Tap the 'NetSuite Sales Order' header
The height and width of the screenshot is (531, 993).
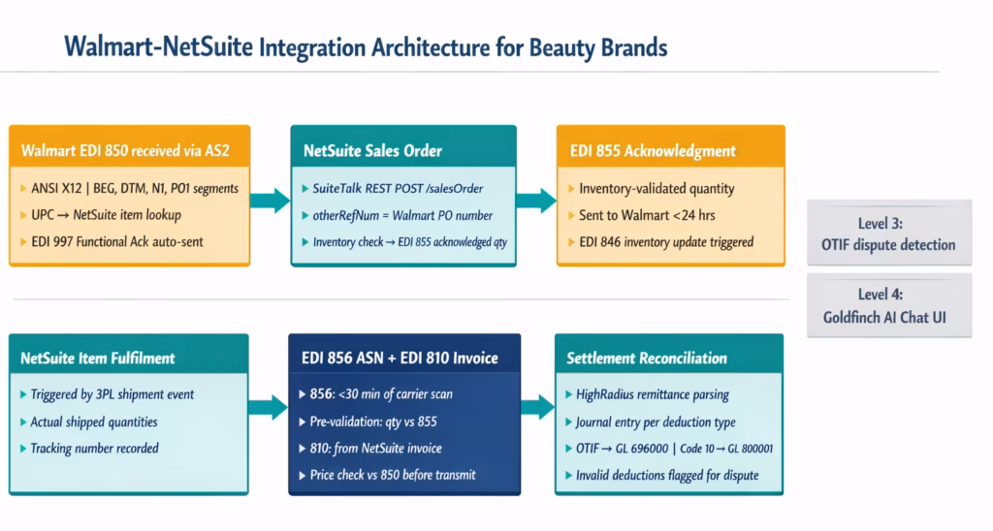(372, 150)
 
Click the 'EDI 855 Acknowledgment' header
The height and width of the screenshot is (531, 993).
(652, 150)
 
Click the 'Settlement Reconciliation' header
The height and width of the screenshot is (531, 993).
(646, 359)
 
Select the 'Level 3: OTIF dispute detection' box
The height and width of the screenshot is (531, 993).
(888, 234)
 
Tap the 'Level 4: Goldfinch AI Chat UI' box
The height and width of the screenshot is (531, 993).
(888, 305)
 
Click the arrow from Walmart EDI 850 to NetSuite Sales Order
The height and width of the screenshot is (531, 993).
(270, 202)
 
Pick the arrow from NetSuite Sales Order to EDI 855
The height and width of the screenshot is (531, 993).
(535, 202)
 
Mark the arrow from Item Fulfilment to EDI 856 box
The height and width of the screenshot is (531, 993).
(268, 407)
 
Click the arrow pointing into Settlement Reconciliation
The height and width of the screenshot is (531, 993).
(536, 407)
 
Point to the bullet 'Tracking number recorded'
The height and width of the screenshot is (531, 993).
(94, 448)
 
